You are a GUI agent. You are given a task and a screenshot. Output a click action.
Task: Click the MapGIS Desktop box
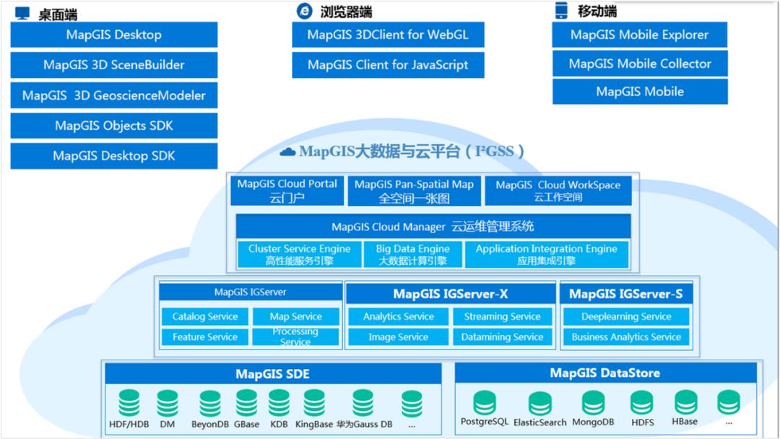tap(113, 35)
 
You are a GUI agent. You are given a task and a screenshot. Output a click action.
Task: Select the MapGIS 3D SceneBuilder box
tap(113, 65)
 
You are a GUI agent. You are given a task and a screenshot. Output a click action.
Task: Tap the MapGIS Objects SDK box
tap(113, 126)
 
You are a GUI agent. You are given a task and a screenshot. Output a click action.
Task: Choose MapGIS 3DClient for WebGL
tap(388, 35)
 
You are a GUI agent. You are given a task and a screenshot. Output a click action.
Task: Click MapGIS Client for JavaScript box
tap(388, 65)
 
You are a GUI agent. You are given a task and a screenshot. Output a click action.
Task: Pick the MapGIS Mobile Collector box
tap(639, 64)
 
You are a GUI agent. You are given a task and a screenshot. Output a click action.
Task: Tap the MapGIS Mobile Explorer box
tap(639, 35)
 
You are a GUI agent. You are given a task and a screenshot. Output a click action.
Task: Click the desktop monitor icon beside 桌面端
tap(22, 13)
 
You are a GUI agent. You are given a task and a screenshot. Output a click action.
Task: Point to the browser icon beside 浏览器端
tap(305, 11)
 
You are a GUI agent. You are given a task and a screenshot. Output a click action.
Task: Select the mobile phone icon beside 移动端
tap(561, 11)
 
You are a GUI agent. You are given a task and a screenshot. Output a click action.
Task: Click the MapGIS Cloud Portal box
tap(287, 191)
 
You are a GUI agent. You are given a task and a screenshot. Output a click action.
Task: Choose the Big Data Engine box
tap(412, 254)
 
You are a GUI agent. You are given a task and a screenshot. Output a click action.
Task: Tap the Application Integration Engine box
tap(546, 254)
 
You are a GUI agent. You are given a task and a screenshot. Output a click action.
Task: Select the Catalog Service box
tap(204, 317)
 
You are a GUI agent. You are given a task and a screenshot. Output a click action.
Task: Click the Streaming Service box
tap(502, 317)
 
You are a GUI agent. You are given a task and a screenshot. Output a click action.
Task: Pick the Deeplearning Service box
tap(626, 317)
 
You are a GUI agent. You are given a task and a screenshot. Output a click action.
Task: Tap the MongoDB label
tap(593, 422)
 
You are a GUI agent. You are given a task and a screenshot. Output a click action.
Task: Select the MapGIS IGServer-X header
tap(450, 294)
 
